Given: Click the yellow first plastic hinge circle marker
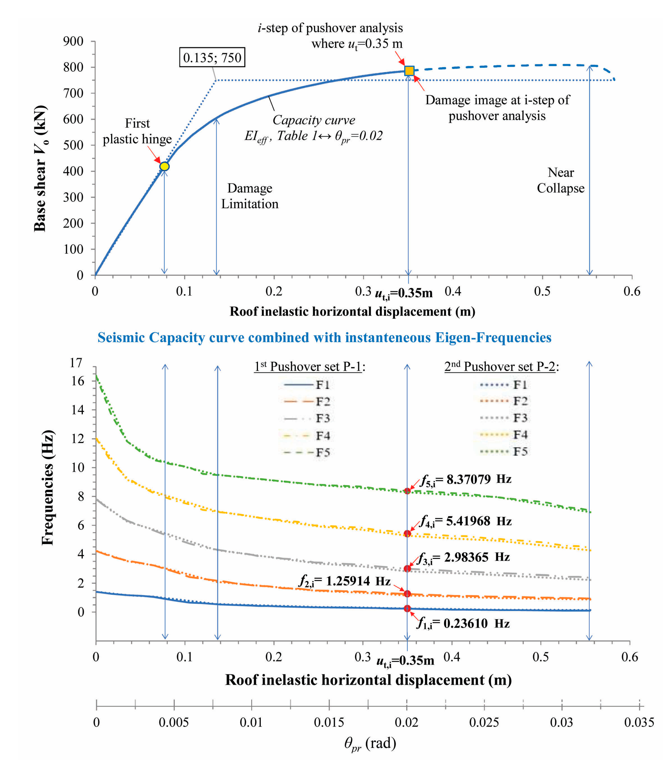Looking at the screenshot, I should click(x=164, y=166).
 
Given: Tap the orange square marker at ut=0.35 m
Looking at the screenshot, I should click(x=409, y=71).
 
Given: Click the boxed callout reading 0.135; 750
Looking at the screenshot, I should click(x=212, y=57).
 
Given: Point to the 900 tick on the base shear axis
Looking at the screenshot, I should click(x=73, y=41).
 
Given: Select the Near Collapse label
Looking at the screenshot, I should click(x=560, y=180).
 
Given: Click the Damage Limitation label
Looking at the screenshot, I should click(x=250, y=196).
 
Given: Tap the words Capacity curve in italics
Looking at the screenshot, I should click(x=314, y=120).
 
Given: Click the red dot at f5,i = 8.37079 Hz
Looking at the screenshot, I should click(x=407, y=491).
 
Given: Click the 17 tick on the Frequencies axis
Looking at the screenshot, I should click(x=76, y=363).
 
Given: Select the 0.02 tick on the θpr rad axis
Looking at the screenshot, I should click(x=407, y=723).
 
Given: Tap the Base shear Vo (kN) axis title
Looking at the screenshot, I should click(x=40, y=168).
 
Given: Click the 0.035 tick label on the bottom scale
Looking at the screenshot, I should click(x=639, y=723).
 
